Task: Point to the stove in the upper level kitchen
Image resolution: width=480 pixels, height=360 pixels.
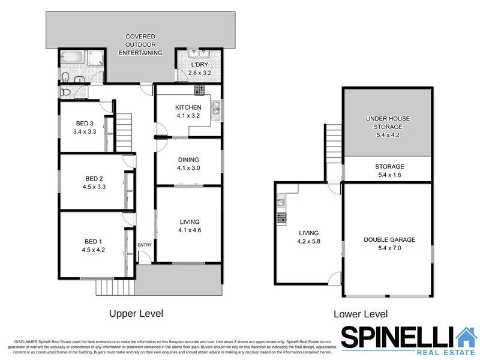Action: coord(199,90)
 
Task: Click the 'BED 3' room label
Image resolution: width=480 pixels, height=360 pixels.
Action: coord(84,124)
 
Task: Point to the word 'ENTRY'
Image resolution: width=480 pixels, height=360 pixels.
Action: coord(145,245)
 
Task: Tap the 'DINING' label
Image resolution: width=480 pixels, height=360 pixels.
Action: coord(189,160)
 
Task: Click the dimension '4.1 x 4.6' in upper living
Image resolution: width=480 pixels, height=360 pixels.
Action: coord(189,230)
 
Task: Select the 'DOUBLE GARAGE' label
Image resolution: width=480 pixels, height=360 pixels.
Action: coord(389,239)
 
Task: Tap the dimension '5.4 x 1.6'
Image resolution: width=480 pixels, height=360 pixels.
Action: coord(389,175)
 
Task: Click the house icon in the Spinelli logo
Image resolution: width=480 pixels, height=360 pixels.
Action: coord(465,337)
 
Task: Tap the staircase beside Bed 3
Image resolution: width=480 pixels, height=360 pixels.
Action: coord(124,125)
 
